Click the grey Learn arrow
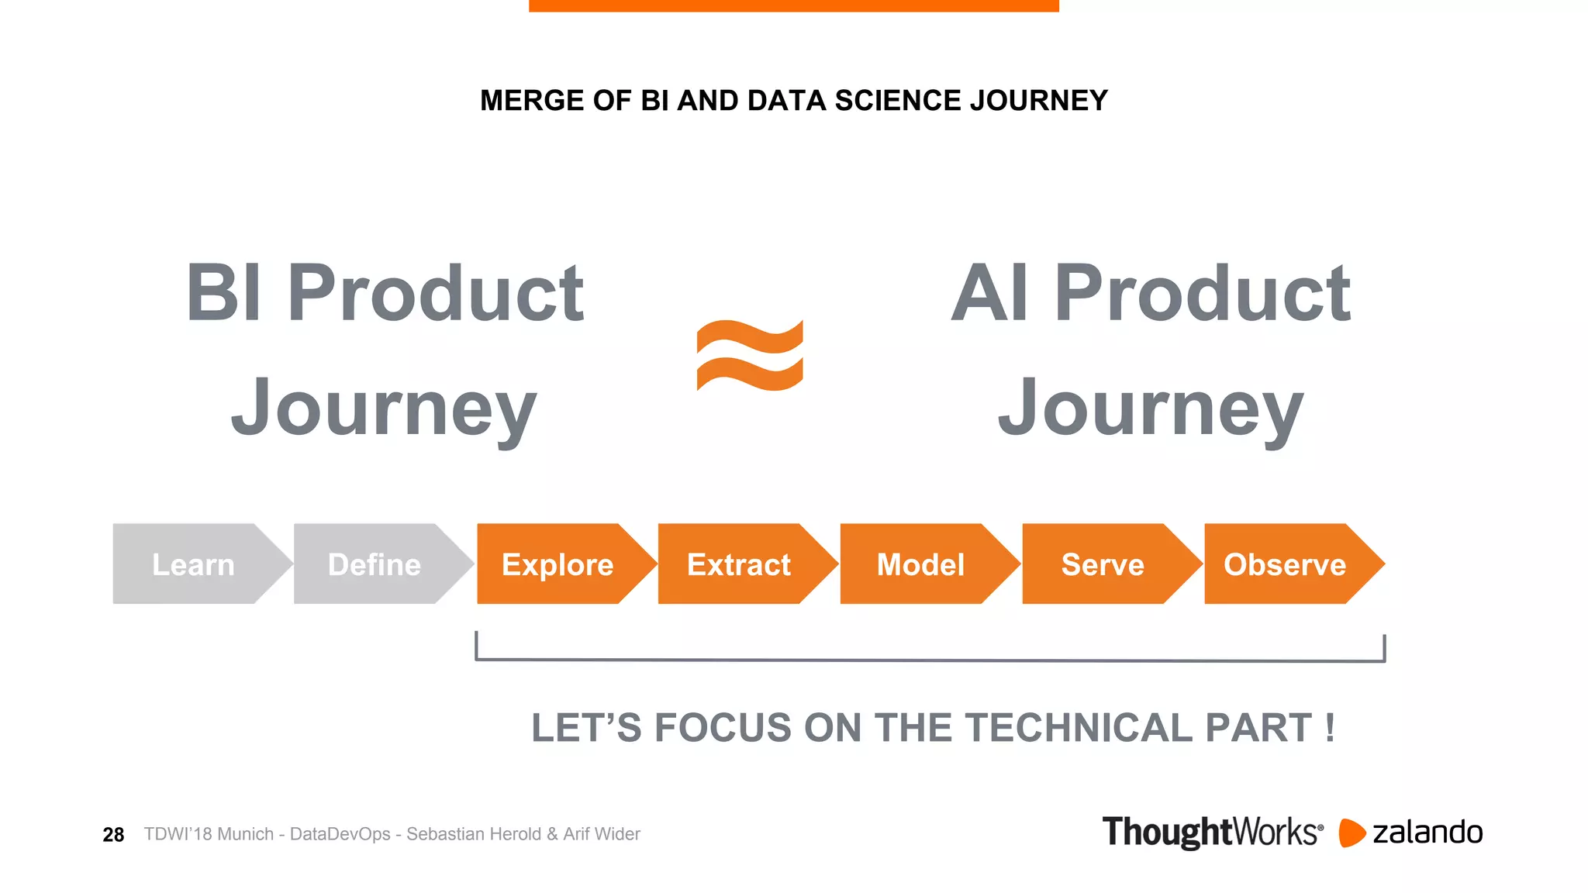pyautogui.click(x=194, y=564)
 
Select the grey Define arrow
pyautogui.click(x=375, y=564)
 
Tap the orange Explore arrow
pyautogui.click(x=558, y=564)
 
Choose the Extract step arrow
pyautogui.click(x=739, y=564)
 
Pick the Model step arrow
pyautogui.click(x=921, y=564)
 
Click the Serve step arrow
pyautogui.click(x=1103, y=564)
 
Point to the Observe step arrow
pyautogui.click(x=1285, y=564)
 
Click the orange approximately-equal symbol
pyautogui.click(x=750, y=355)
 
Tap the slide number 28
pyautogui.click(x=113, y=835)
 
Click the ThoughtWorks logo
pyautogui.click(x=1212, y=832)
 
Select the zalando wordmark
pyautogui.click(x=1427, y=833)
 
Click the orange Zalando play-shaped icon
pyautogui.click(x=1352, y=833)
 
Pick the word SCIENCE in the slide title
pyautogui.click(x=898, y=101)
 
